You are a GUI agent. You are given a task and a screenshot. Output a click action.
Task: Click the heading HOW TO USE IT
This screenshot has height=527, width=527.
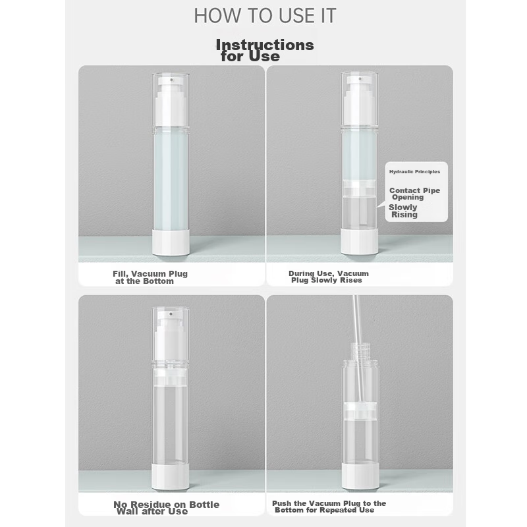[265, 15]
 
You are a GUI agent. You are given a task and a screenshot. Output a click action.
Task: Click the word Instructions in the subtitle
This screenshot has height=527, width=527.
[265, 45]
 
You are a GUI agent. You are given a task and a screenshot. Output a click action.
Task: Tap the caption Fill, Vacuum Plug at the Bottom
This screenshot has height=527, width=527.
[150, 277]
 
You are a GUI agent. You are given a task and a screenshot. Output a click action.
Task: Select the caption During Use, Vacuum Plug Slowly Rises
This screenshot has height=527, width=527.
[328, 277]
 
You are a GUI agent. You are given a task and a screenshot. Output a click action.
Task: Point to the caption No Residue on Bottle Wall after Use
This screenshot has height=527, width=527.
[167, 508]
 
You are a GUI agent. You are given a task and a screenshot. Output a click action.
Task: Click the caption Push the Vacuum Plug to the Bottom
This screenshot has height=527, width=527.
[329, 507]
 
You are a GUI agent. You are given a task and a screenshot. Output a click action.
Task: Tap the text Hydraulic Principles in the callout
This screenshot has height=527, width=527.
[414, 172]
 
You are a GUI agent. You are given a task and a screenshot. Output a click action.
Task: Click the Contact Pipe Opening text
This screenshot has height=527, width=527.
[414, 194]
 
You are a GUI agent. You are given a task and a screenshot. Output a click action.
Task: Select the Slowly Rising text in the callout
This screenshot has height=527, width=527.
[403, 211]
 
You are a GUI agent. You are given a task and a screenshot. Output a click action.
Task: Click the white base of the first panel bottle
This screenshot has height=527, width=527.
[171, 242]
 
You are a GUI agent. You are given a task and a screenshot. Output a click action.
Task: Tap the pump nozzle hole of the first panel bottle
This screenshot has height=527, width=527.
[171, 80]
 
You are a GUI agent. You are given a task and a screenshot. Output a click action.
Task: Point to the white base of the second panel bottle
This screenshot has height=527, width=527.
[359, 241]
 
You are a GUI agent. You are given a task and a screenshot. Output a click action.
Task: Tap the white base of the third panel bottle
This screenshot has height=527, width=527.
[171, 476]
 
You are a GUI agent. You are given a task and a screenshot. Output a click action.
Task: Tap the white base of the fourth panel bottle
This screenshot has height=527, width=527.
[360, 476]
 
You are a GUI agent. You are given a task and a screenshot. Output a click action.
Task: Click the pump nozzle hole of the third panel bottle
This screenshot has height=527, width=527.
[171, 315]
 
